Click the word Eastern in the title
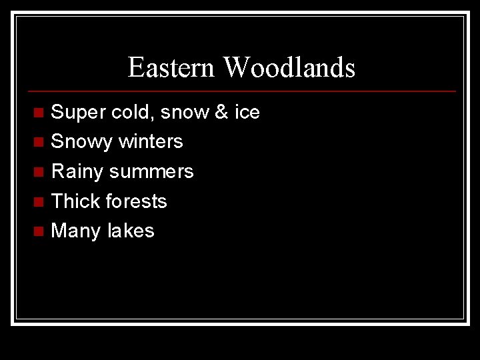click(x=171, y=67)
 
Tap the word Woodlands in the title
click(x=289, y=67)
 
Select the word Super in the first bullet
click(x=78, y=113)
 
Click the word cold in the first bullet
click(x=133, y=113)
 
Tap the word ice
click(x=247, y=113)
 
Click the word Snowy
click(x=80, y=142)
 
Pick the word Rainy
click(x=77, y=172)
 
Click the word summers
click(x=151, y=172)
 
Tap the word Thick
click(x=75, y=201)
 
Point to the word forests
click(x=137, y=201)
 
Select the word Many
click(x=75, y=231)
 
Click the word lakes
click(x=131, y=231)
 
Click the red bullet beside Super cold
click(x=39, y=113)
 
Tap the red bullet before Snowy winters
click(x=39, y=143)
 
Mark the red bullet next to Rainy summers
click(x=39, y=172)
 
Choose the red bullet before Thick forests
click(x=39, y=202)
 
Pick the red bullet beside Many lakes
click(x=39, y=231)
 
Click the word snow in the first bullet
click(x=185, y=113)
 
